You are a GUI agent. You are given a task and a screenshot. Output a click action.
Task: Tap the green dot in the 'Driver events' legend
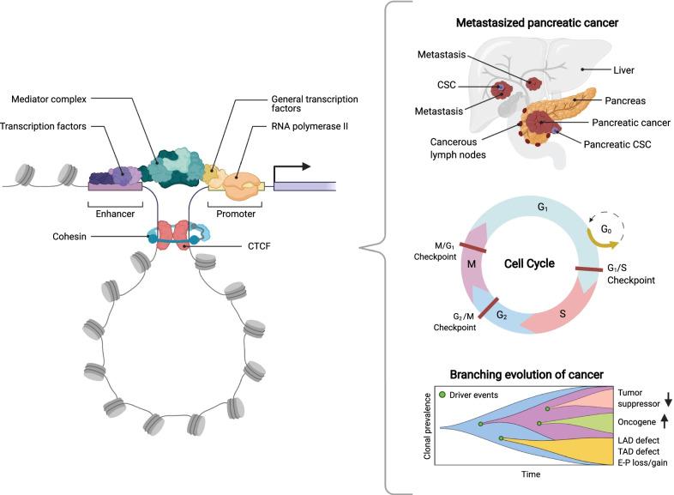point(442,394)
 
